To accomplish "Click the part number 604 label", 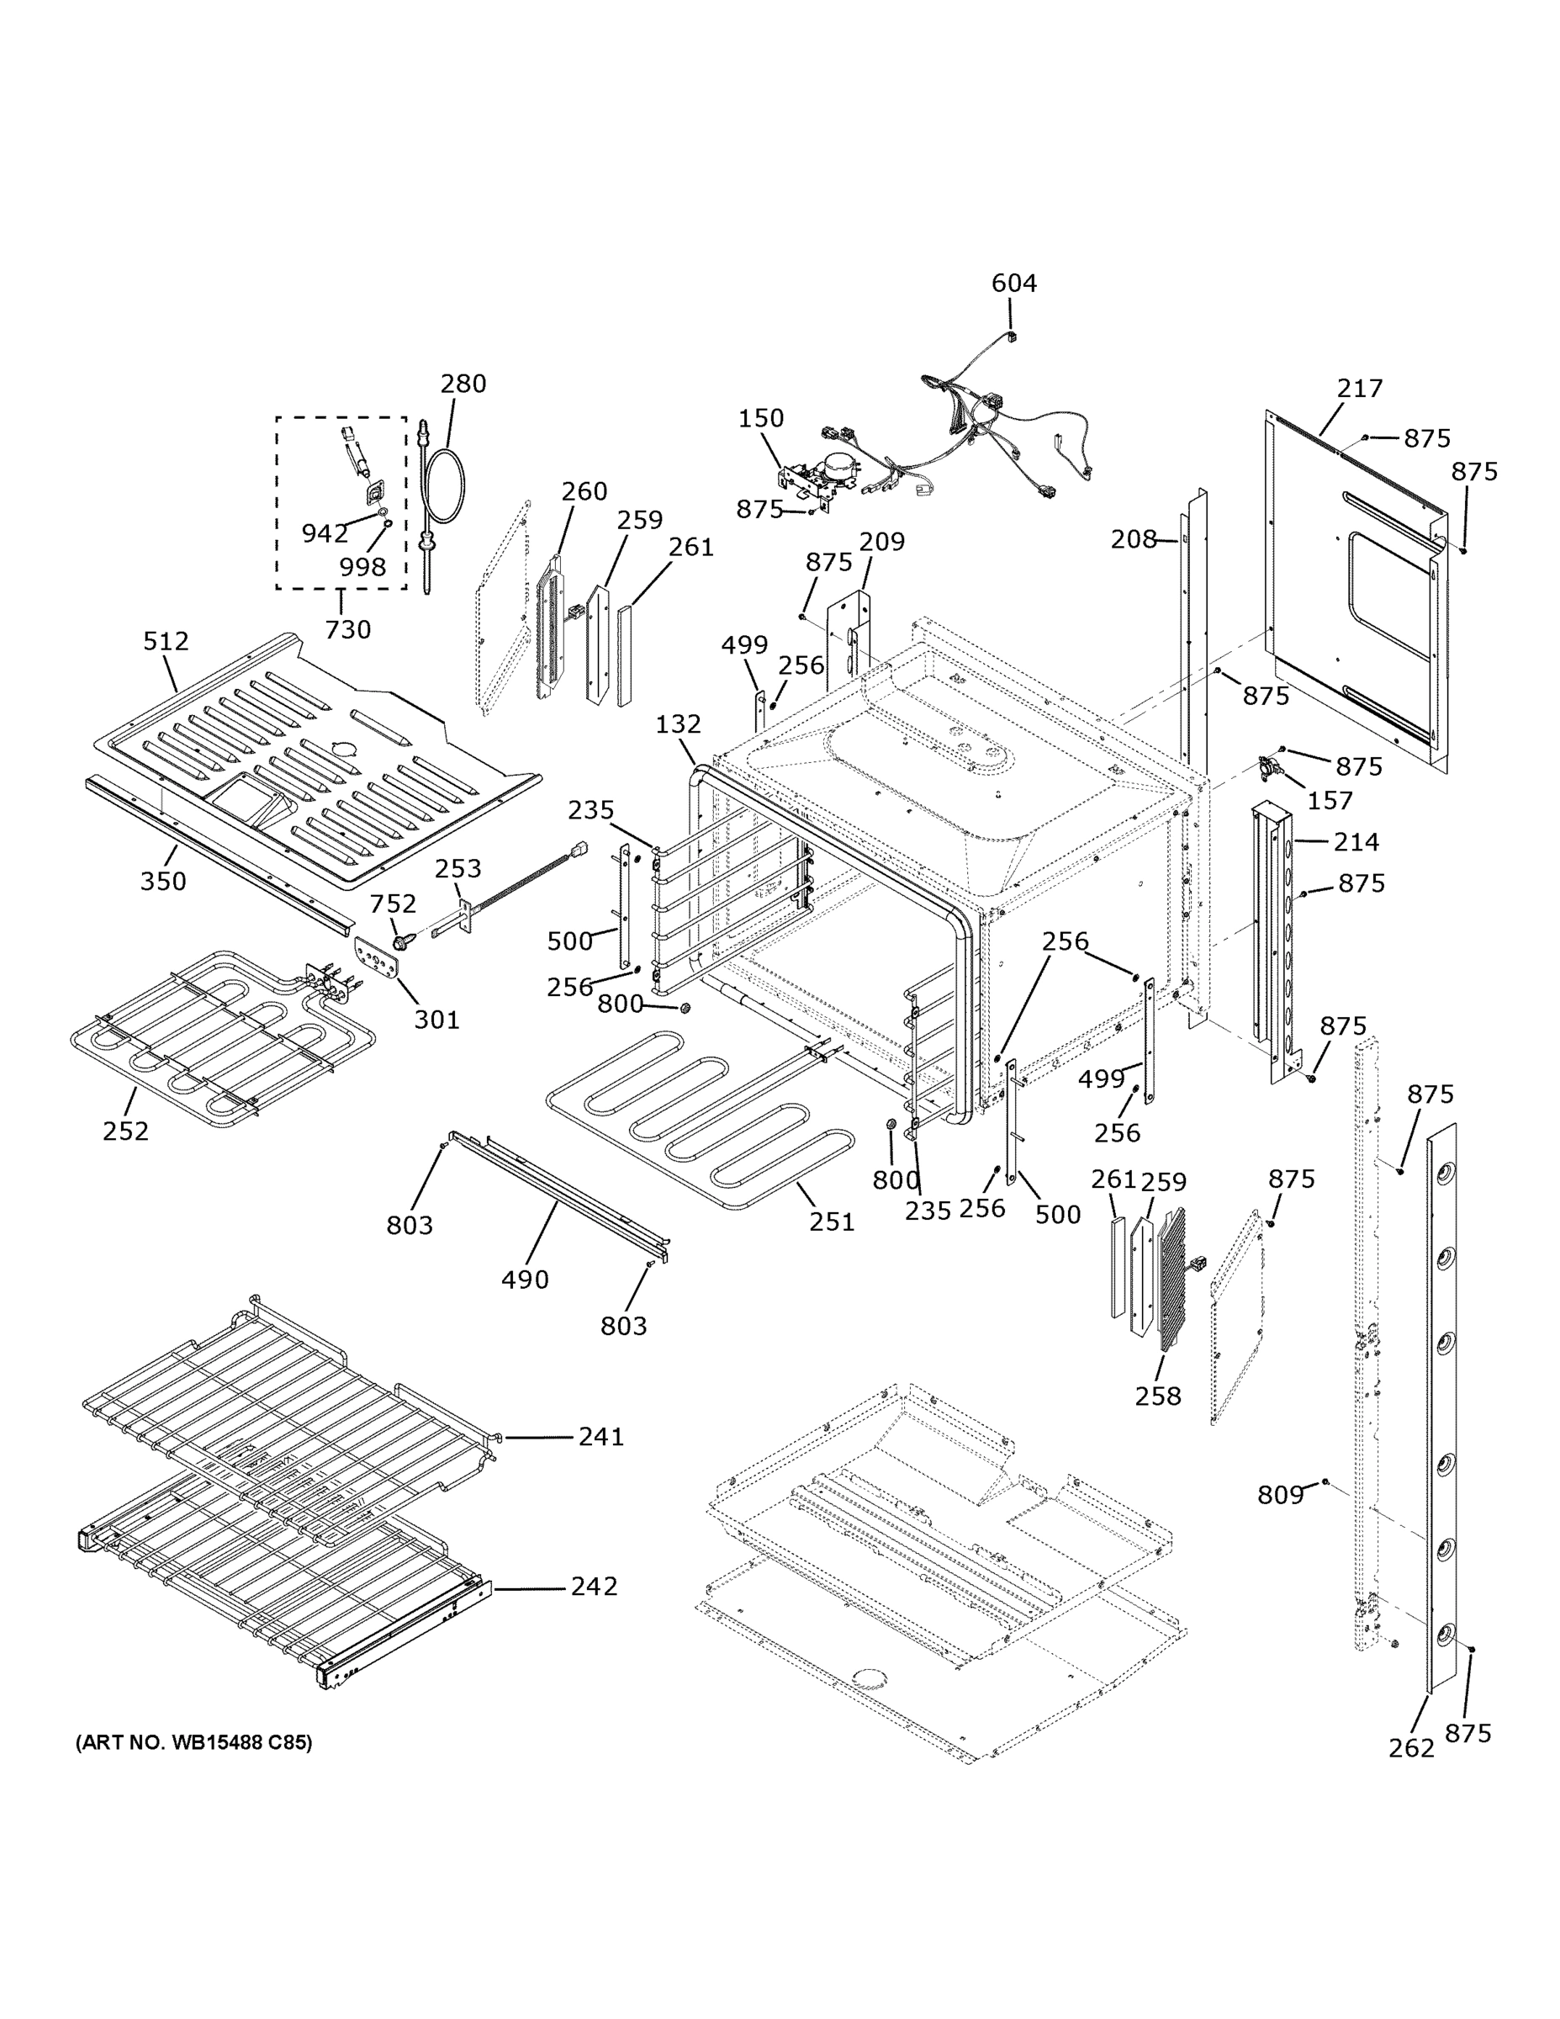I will pos(1014,283).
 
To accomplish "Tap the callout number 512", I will pos(167,641).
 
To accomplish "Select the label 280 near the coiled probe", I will pos(463,383).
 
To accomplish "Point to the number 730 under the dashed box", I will pos(347,629).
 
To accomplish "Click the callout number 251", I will pos(832,1221).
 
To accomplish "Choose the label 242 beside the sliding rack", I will pos(594,1587).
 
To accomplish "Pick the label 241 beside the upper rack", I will pos(600,1437).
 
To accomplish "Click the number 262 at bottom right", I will pos(1411,1747).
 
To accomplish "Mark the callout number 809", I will pos(1280,1494).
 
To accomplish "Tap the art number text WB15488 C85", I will pos(193,1742).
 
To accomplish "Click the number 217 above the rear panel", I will pos(1360,389).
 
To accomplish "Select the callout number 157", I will pos(1330,801).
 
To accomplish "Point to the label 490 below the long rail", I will pos(525,1280).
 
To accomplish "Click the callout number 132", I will pos(679,723).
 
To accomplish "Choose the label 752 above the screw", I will pos(393,904).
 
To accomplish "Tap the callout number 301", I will pos(436,1019).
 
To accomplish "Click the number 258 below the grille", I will pos(1158,1395).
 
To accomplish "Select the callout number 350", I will pos(164,881).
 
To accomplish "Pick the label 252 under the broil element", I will pos(125,1131).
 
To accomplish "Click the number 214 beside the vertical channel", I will pos(1356,842).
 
